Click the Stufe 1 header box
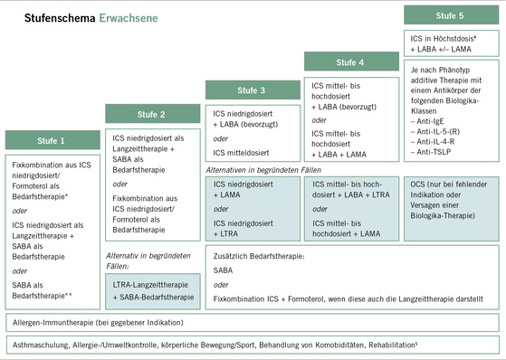(x=51, y=140)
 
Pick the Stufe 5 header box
(x=450, y=15)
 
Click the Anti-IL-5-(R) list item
(x=438, y=130)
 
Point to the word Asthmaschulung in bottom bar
(x=40, y=345)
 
